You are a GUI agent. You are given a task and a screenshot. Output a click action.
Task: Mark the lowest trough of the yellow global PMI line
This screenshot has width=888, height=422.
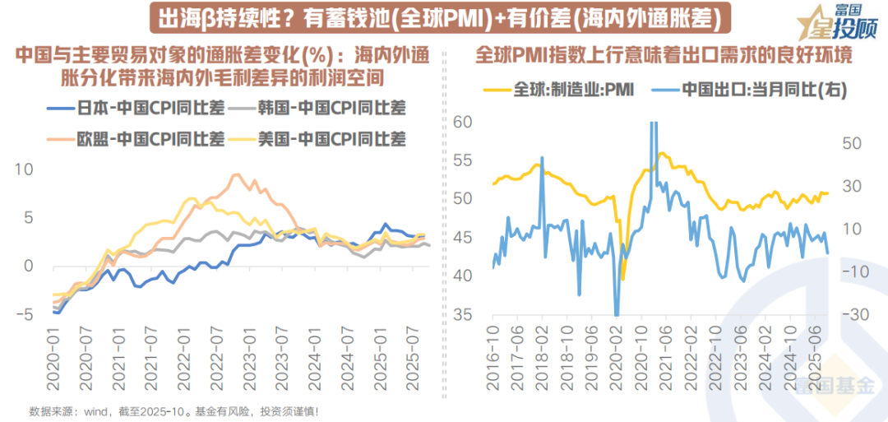point(622,279)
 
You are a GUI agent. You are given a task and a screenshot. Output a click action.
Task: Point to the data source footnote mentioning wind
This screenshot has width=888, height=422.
point(173,410)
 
